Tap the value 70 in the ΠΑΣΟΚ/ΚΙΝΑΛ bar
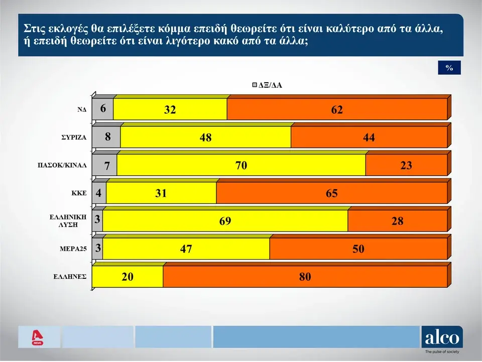[241, 165]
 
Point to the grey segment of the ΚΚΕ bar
[99, 193]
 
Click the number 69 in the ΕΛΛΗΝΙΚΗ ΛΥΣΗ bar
[225, 221]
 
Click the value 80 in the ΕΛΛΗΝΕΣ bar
[305, 277]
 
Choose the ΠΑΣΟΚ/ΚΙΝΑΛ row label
[63, 164]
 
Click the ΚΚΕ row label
[79, 193]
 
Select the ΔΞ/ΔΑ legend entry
[267, 85]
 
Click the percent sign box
[449, 68]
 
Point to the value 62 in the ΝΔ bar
[337, 110]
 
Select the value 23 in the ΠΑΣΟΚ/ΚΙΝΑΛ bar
[406, 165]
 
